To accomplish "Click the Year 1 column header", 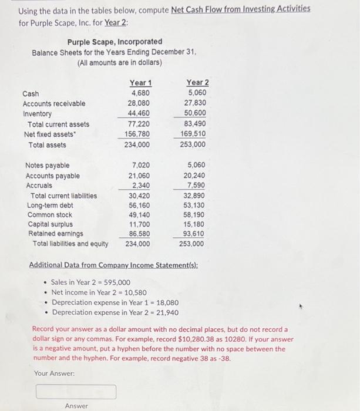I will tap(139, 83).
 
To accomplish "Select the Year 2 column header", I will tap(197, 83).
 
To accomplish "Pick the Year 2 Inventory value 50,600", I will tap(195, 113).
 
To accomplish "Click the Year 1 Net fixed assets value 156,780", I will tap(137, 134).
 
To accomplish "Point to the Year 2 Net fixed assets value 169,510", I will tap(193, 134).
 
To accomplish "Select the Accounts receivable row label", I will tap(53, 103).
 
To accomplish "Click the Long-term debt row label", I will tap(51, 206).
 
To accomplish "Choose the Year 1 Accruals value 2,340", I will tap(140, 186).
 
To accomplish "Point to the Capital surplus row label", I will tap(51, 224).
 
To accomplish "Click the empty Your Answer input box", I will tap(76, 391).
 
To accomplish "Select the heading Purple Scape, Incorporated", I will tap(115, 42).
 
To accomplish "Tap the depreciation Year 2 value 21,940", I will tap(166, 312).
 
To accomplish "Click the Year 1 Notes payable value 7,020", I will tap(140, 166).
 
